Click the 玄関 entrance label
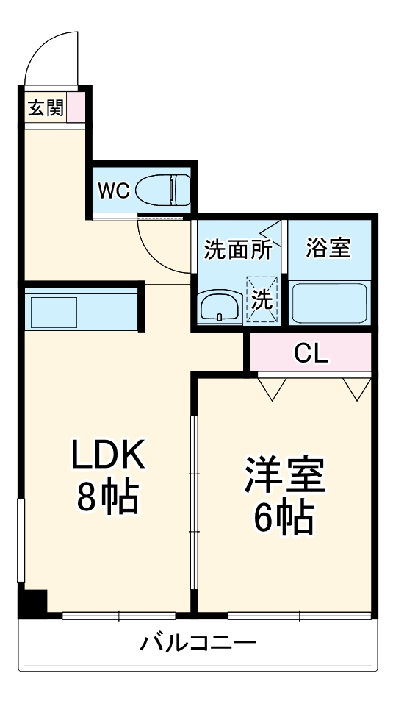click(46, 107)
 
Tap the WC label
click(113, 191)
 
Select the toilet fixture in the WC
click(162, 191)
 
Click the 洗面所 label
click(237, 250)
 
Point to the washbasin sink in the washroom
click(221, 306)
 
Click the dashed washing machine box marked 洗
click(262, 299)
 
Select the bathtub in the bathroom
click(329, 303)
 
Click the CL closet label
click(311, 353)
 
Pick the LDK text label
click(109, 455)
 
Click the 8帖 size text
click(108, 497)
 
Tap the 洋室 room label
click(284, 474)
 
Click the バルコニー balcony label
click(199, 643)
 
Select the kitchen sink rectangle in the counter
click(54, 312)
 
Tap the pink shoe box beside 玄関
click(76, 107)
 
